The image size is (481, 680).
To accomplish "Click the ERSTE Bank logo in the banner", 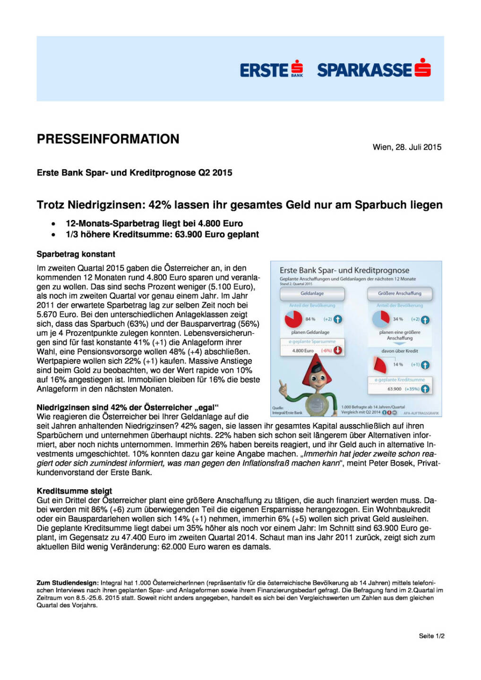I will (x=271, y=70).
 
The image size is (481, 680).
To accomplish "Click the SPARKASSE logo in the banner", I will (x=373, y=69).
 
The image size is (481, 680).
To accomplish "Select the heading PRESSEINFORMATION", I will (x=108, y=139).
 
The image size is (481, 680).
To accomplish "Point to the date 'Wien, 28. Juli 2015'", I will (x=407, y=147).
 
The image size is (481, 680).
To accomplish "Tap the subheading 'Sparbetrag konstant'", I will (x=76, y=254).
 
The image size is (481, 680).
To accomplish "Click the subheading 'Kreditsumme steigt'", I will (x=75, y=491).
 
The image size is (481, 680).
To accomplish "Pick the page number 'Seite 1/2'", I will (x=431, y=636).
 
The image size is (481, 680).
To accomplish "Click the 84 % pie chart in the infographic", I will (x=293, y=319).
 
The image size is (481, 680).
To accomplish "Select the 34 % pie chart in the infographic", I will (x=381, y=319).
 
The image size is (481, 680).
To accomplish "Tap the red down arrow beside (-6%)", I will (x=338, y=350).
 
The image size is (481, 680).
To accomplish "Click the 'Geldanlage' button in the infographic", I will (x=312, y=293).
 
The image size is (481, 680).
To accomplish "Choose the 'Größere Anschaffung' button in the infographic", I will (x=400, y=293).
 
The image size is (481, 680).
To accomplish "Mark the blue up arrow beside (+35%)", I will (x=425, y=389).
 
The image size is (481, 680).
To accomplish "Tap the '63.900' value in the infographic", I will (x=394, y=389).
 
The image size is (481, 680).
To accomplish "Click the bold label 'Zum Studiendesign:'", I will (x=68, y=583).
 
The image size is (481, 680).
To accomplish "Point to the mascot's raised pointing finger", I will (x=283, y=386).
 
